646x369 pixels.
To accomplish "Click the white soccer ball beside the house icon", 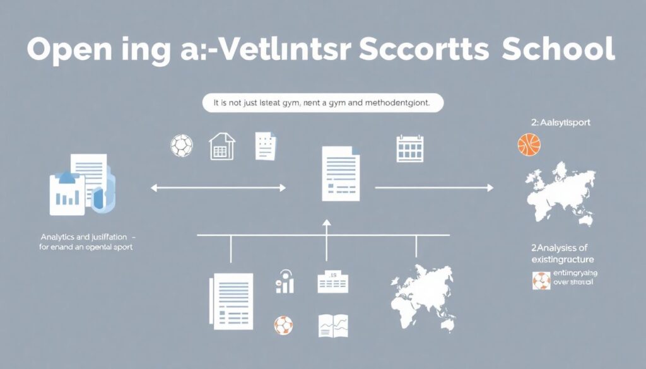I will pyautogui.click(x=181, y=145).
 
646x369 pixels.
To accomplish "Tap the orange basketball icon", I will pyautogui.click(x=529, y=144).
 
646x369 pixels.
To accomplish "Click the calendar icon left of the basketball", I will pyautogui.click(x=409, y=148).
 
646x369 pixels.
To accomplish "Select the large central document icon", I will pyautogui.click(x=341, y=173).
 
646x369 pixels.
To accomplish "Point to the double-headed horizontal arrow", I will pyautogui.click(x=218, y=187).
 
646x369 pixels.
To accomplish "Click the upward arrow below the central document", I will pyautogui.click(x=326, y=240).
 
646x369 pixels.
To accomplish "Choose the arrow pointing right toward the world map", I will pyautogui.click(x=434, y=187).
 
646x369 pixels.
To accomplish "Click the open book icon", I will pyautogui.click(x=334, y=325).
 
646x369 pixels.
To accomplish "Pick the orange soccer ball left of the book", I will pyautogui.click(x=283, y=325).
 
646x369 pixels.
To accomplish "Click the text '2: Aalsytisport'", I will pyautogui.click(x=561, y=123).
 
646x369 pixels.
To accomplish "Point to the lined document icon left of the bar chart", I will pyautogui.click(x=233, y=301).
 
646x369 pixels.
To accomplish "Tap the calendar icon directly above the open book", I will pyautogui.click(x=334, y=281).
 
